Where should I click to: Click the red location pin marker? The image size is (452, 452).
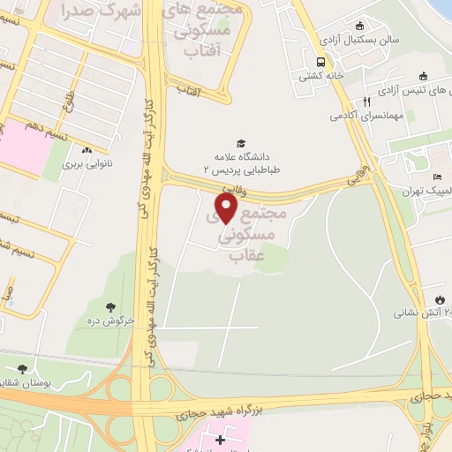[x=227, y=208]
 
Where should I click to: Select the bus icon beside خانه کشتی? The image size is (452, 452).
[x=320, y=62]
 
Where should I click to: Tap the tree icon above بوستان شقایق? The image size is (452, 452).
[x=22, y=370]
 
